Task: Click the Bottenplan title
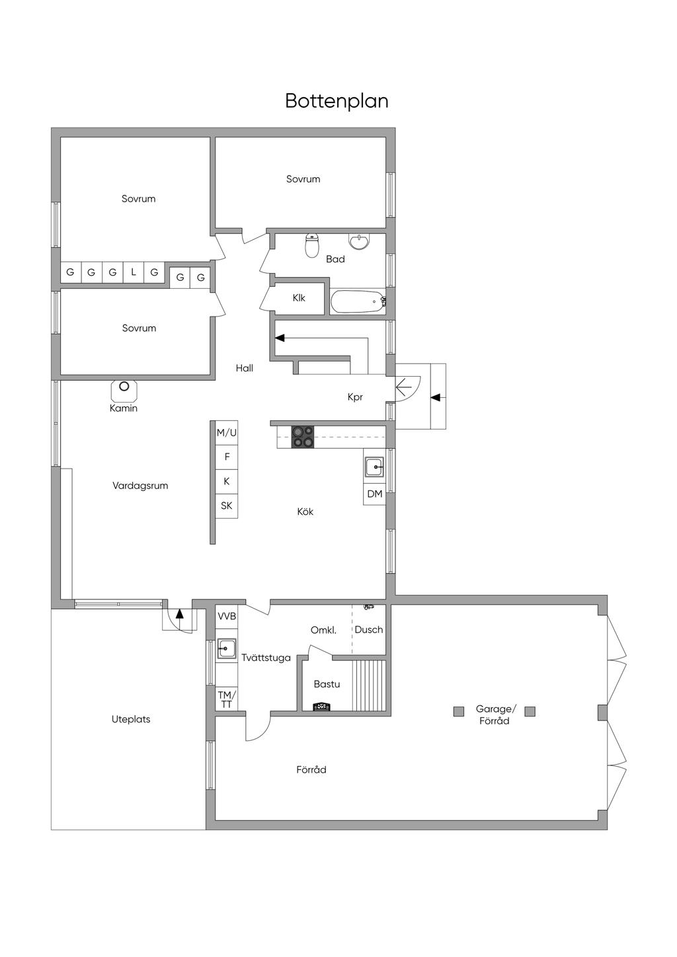337,101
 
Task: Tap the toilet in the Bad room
312,245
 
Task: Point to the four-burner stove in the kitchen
303,437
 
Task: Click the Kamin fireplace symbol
124,389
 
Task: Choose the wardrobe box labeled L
134,272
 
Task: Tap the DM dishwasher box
375,494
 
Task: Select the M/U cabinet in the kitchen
227,433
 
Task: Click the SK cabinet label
227,506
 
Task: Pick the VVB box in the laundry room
227,617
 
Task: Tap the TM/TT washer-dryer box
227,699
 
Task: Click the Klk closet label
299,298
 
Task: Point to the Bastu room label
327,684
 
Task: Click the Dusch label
369,629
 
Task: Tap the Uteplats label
131,719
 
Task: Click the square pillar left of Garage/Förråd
459,711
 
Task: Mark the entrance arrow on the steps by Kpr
438,397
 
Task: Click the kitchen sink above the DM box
375,467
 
